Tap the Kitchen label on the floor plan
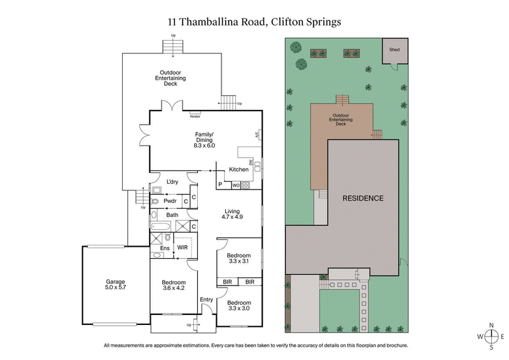(x=239, y=170)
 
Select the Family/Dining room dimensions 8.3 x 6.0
(x=204, y=146)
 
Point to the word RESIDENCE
(x=363, y=198)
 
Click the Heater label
(x=195, y=116)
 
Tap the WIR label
(x=182, y=247)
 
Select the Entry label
(x=207, y=300)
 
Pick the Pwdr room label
(x=170, y=201)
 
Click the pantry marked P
(x=220, y=186)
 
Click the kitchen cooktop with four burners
(x=245, y=186)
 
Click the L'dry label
(x=172, y=183)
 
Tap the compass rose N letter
(x=491, y=325)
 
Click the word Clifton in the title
(x=291, y=21)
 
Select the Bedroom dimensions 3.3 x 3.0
(x=239, y=308)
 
